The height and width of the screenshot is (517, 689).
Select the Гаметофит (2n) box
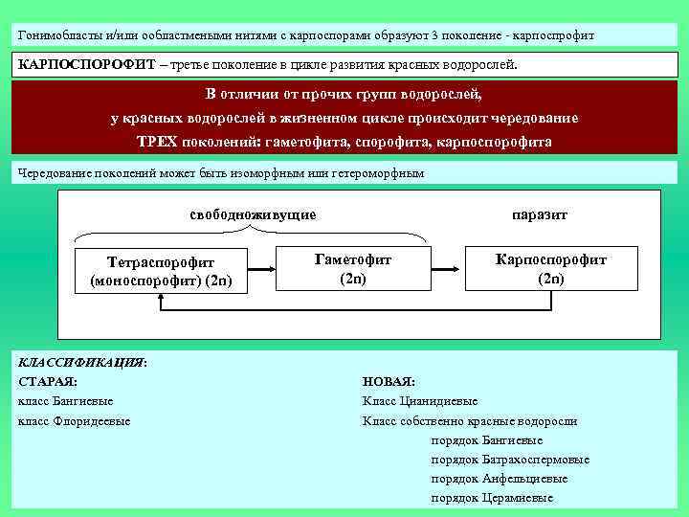click(x=352, y=268)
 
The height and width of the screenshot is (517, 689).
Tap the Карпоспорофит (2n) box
click(x=550, y=268)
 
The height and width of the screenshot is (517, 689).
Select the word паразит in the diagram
click(x=540, y=214)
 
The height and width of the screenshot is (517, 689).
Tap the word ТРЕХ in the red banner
click(x=157, y=141)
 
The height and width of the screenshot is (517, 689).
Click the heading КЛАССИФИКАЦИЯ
click(x=80, y=363)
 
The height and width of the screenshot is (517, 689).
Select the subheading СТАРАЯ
click(x=48, y=382)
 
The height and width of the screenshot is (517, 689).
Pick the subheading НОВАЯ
click(x=389, y=382)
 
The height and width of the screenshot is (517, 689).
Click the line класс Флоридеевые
click(x=75, y=421)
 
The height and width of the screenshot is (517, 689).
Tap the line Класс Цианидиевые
click(x=420, y=401)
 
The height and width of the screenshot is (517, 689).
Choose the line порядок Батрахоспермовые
click(x=510, y=460)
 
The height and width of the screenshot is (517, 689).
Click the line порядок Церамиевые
click(x=492, y=498)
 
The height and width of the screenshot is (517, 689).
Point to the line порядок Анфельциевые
click(x=500, y=479)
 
